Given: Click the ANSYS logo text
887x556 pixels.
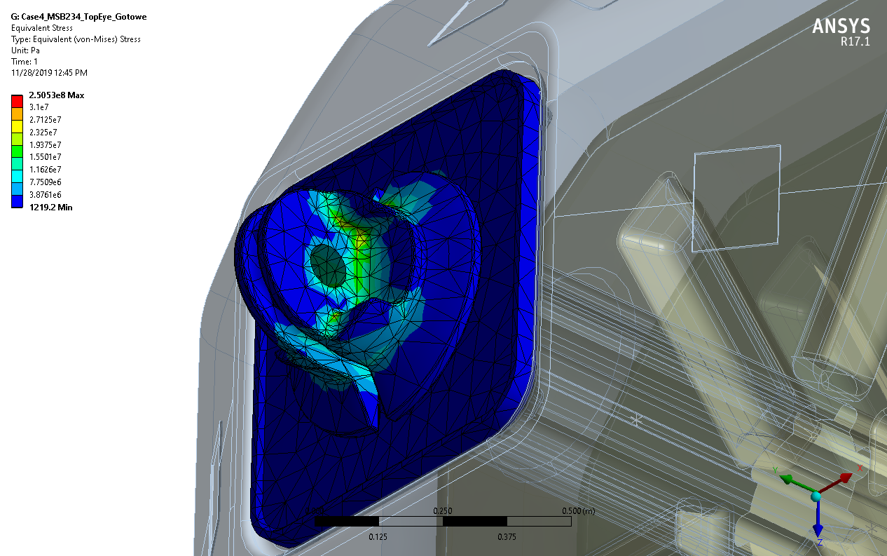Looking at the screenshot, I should point(841,27).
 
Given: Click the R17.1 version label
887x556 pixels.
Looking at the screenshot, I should point(855,42).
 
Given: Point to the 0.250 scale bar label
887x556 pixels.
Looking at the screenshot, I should point(442,511).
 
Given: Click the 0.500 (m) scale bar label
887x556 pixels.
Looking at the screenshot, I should point(579,511).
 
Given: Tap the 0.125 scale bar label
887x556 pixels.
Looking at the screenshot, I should point(378,537).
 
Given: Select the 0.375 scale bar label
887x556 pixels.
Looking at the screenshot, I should point(507,537).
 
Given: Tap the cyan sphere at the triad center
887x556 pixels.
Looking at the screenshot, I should point(816,496).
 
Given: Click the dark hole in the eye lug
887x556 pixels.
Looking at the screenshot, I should point(327,265).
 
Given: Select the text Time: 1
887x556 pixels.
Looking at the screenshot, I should point(25,62).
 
